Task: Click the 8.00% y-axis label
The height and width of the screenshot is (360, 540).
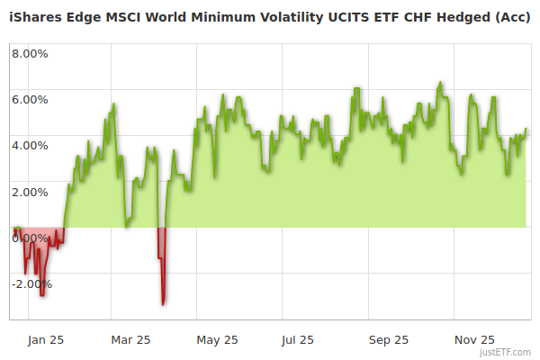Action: click(30, 53)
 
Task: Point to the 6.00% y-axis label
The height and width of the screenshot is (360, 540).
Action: click(30, 99)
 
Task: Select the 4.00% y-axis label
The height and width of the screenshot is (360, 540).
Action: click(30, 145)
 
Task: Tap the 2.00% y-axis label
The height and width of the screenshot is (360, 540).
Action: click(30, 192)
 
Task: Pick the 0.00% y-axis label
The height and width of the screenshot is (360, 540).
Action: click(30, 238)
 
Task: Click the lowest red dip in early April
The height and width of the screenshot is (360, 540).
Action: click(163, 304)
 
